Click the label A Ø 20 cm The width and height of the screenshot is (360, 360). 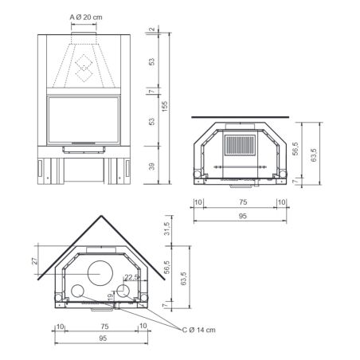tap(86, 18)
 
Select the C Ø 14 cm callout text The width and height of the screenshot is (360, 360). tap(199, 330)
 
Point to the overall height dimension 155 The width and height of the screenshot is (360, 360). tap(165, 107)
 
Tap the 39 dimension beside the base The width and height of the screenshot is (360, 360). tap(151, 166)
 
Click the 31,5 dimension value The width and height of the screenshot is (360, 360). tap(166, 229)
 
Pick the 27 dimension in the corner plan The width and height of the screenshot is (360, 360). tap(35, 260)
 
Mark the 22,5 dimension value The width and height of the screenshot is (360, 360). tap(132, 277)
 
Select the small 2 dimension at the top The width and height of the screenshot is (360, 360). tap(151, 29)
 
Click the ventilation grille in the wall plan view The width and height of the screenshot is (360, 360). tap(240, 145)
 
